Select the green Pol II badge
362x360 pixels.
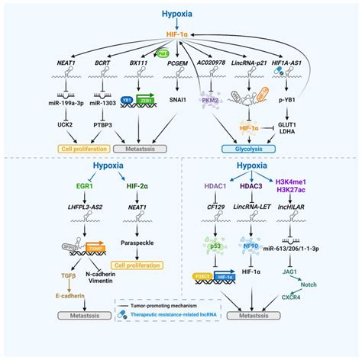click(x=162, y=53)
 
